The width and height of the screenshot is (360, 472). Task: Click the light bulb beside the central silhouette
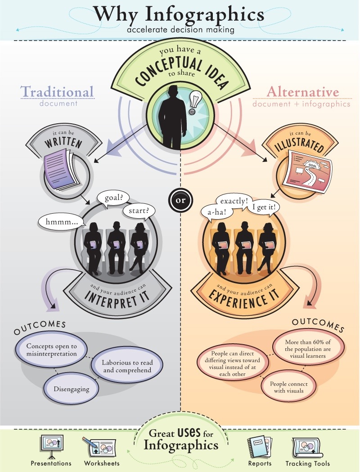[195, 100]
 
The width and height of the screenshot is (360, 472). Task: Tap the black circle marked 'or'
[180, 199]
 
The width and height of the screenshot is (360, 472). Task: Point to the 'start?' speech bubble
[139, 210]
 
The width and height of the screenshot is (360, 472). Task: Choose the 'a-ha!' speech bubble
[217, 210]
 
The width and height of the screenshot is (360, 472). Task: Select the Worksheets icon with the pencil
[99, 447]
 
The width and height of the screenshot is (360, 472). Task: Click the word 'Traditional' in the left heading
[57, 91]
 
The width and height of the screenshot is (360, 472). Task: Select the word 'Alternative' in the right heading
[302, 92]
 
